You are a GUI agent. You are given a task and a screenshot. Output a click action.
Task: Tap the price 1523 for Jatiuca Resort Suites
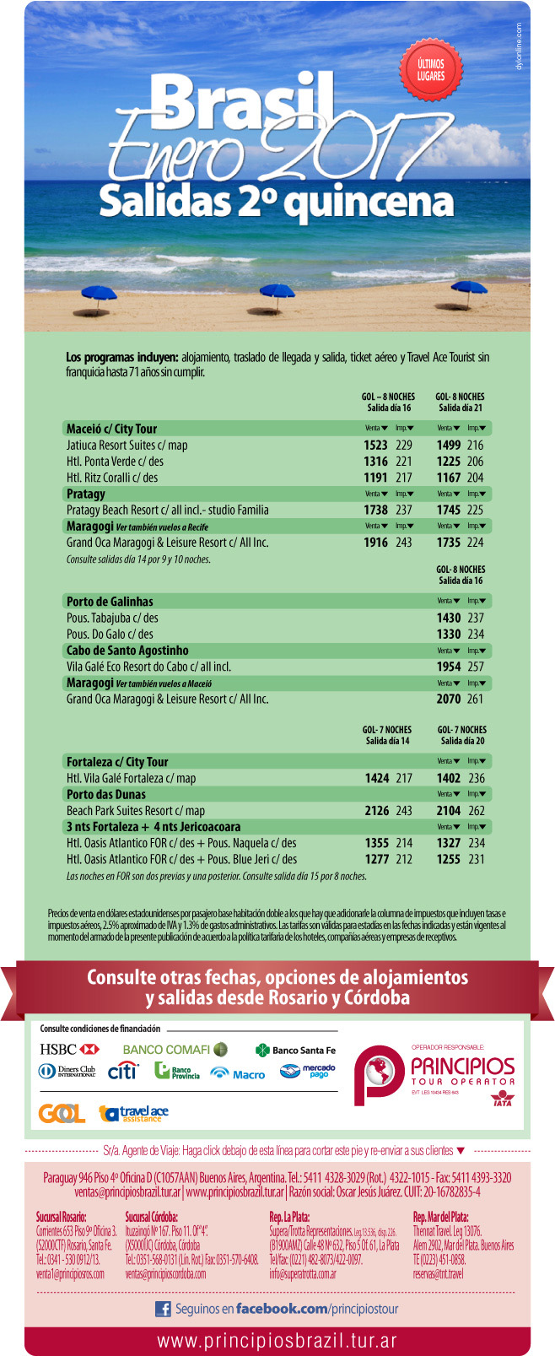point(375,446)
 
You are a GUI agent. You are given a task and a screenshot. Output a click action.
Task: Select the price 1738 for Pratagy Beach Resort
point(375,511)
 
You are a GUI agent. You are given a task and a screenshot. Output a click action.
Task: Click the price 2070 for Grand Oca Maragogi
point(448,700)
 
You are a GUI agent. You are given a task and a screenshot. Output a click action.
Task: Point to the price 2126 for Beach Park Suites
point(376,811)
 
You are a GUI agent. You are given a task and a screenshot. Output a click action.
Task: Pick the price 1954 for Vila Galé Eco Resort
point(448,667)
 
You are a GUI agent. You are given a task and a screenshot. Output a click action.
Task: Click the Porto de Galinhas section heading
point(110,602)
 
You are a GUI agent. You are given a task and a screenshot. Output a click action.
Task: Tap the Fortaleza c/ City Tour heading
point(117,762)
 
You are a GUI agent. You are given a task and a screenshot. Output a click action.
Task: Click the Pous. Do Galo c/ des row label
point(110,635)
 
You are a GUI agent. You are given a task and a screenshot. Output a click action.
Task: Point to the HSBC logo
point(69,1050)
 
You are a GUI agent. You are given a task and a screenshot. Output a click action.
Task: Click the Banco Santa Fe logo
point(295,1051)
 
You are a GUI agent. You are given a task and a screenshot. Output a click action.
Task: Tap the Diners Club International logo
point(67,1072)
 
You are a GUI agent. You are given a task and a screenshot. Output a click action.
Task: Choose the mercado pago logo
point(308,1072)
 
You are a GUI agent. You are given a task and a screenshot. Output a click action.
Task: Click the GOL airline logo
point(62,1114)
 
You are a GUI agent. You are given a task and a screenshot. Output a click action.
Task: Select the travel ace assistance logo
point(134,1114)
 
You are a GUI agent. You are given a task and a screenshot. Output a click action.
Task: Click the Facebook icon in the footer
point(163,1309)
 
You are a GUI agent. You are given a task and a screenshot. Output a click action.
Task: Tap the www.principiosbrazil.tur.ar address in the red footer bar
point(277,1341)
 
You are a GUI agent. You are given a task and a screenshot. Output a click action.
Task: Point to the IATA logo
point(502,1099)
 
